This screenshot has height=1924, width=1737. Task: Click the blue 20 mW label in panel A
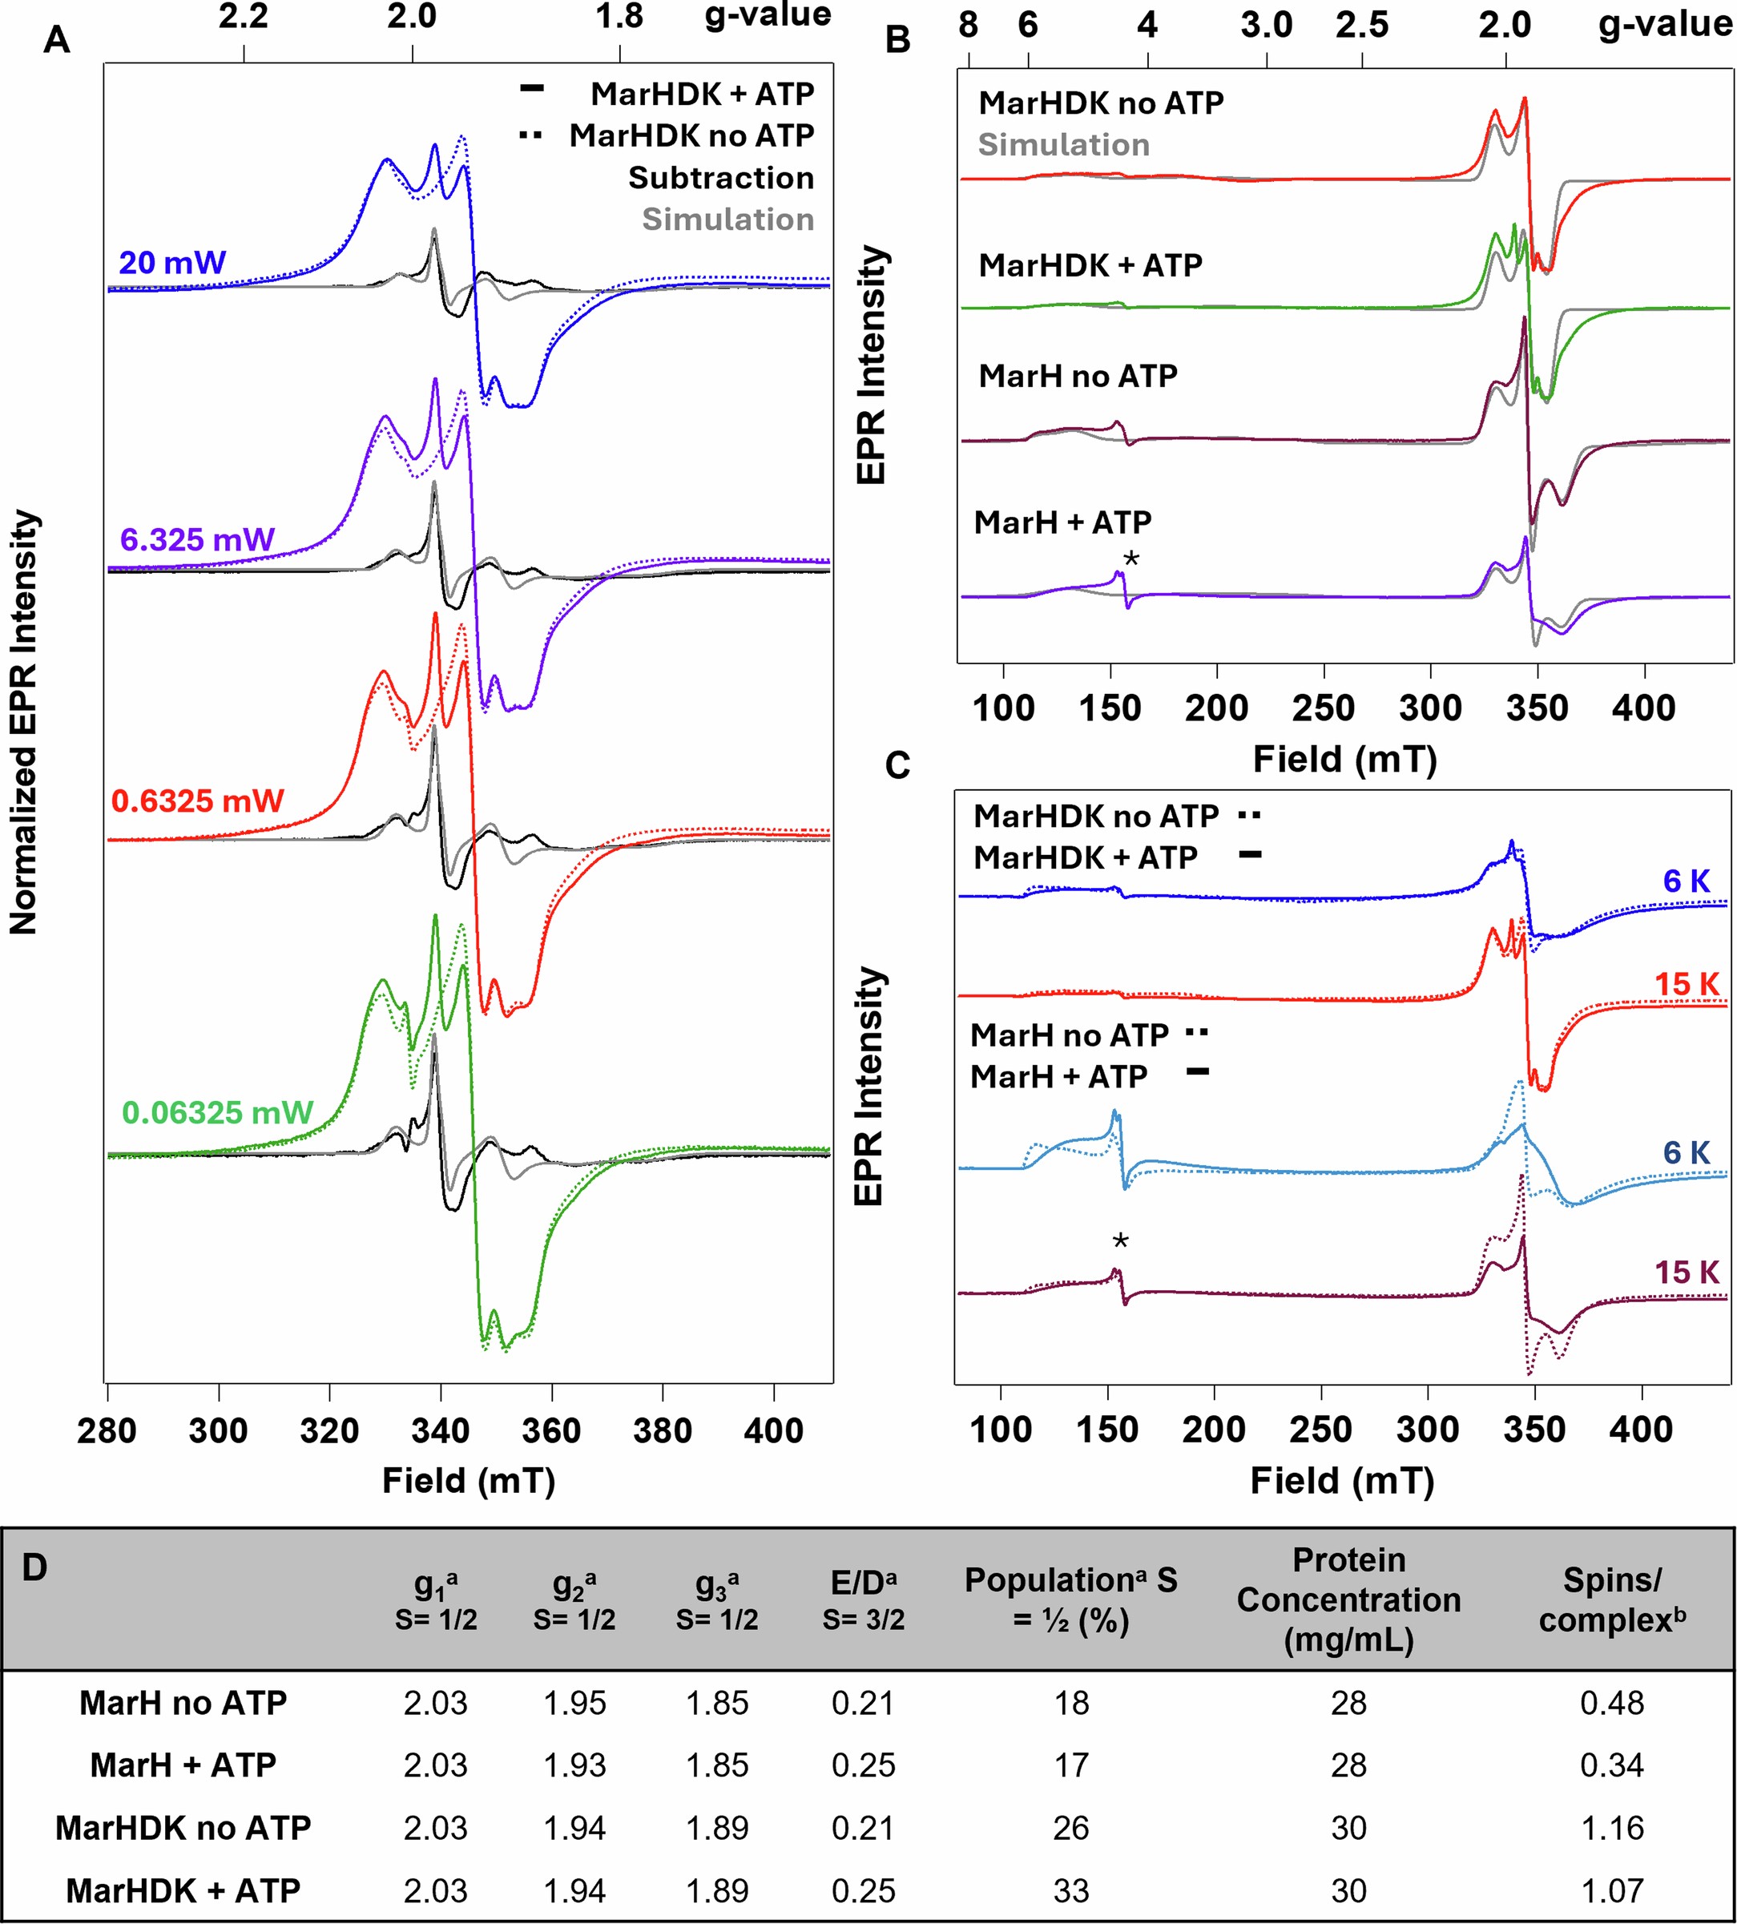pyautogui.click(x=171, y=263)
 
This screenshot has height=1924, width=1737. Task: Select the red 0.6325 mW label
pyautogui.click(x=198, y=801)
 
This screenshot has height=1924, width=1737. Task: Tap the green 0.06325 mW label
pyautogui.click(x=218, y=1113)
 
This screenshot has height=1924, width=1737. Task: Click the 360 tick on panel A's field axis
pyautogui.click(x=552, y=1431)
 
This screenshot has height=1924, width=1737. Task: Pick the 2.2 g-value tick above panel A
pyautogui.click(x=244, y=16)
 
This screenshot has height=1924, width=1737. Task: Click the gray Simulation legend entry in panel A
pyautogui.click(x=727, y=220)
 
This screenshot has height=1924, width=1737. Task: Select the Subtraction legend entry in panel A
pyautogui.click(x=720, y=179)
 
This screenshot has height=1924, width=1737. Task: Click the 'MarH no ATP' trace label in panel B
pyautogui.click(x=1078, y=376)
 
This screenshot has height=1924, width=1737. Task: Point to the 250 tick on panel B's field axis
pyautogui.click(x=1324, y=708)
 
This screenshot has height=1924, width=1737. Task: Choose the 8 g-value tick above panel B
pyautogui.click(x=968, y=26)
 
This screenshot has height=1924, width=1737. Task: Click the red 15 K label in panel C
pyautogui.click(x=1687, y=984)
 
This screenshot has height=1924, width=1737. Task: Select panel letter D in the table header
pyautogui.click(x=34, y=1568)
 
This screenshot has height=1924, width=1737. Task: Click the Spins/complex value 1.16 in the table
pyautogui.click(x=1612, y=1828)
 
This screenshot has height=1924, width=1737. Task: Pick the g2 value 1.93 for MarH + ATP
pyautogui.click(x=574, y=1765)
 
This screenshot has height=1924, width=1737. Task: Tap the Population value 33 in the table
pyautogui.click(x=1071, y=1890)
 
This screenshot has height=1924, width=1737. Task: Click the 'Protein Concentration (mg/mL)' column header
pyautogui.click(x=1348, y=1599)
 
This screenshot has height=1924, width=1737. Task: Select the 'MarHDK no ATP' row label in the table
pyautogui.click(x=183, y=1828)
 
